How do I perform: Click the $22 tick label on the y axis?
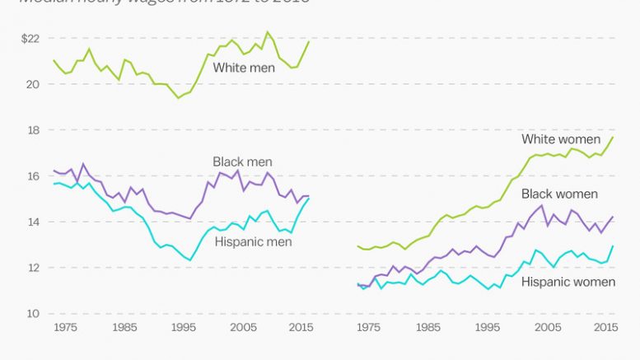click(x=30, y=38)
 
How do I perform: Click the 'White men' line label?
click(x=244, y=68)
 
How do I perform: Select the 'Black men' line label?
click(x=242, y=162)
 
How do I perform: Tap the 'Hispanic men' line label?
click(x=254, y=241)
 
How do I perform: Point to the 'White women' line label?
click(x=561, y=139)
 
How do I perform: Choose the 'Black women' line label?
click(x=559, y=194)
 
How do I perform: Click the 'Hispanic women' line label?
click(x=568, y=282)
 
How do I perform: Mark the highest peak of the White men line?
click(x=267, y=32)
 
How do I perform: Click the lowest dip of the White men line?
click(x=177, y=98)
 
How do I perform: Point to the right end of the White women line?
click(x=613, y=137)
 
